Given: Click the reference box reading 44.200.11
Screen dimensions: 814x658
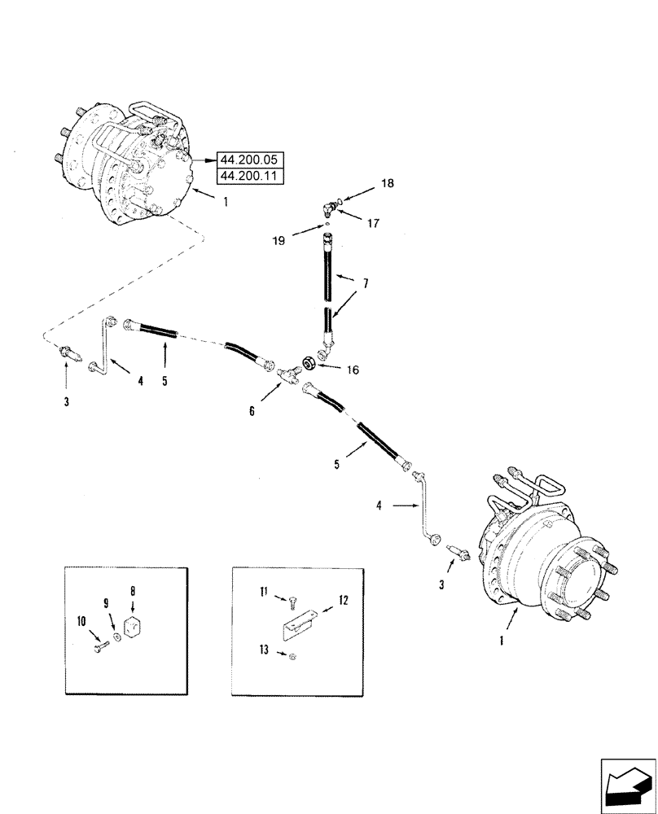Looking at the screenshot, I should (250, 176).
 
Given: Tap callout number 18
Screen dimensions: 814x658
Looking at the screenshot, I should (388, 183).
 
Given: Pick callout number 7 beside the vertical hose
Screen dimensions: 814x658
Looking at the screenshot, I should (366, 284).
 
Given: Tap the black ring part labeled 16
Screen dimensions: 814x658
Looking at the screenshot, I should (310, 361).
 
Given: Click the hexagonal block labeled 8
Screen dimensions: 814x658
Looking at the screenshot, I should (134, 628).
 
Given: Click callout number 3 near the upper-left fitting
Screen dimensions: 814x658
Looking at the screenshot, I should (67, 401).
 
